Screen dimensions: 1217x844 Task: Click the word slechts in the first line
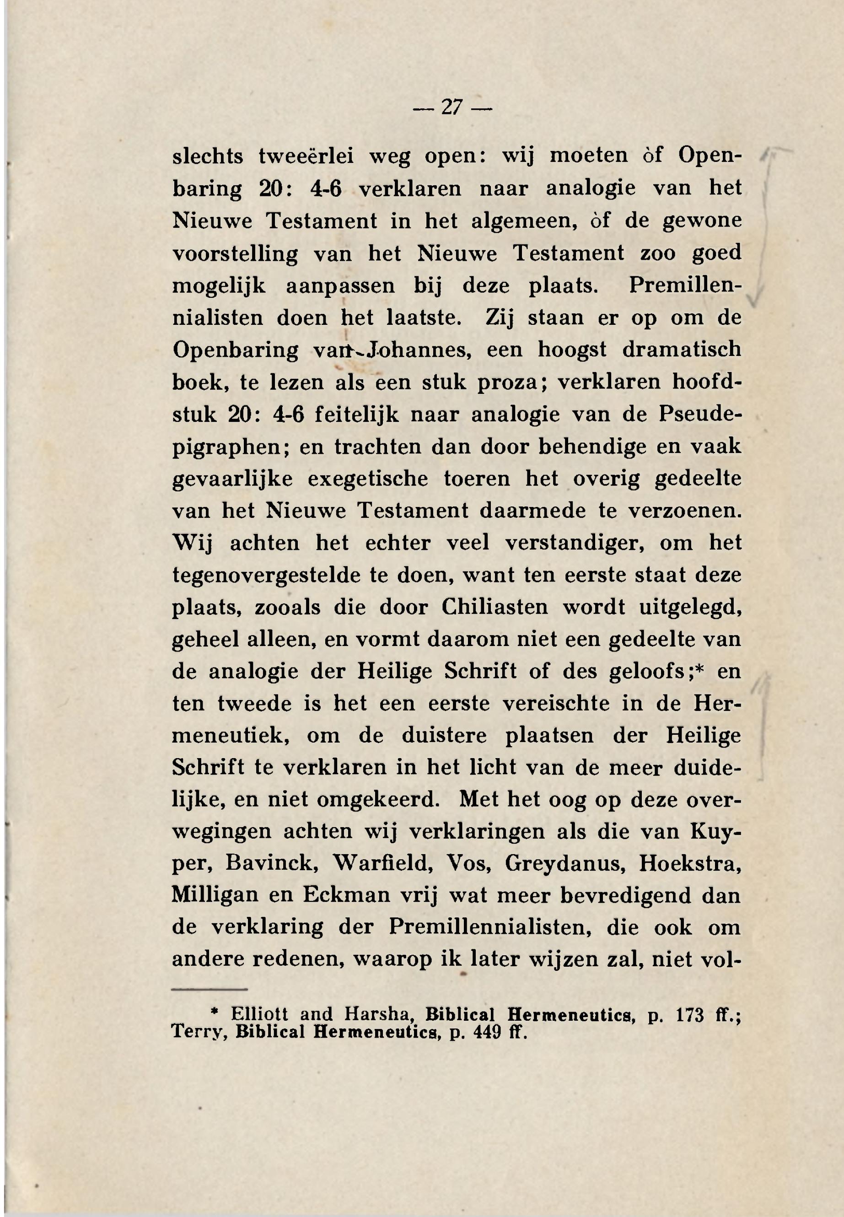coord(207,156)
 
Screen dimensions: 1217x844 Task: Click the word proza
coord(507,382)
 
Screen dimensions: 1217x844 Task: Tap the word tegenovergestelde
coord(266,576)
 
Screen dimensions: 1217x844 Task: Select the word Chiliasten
coord(495,607)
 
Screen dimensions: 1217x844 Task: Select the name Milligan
coord(215,896)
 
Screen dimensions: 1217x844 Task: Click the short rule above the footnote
coord(210,989)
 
